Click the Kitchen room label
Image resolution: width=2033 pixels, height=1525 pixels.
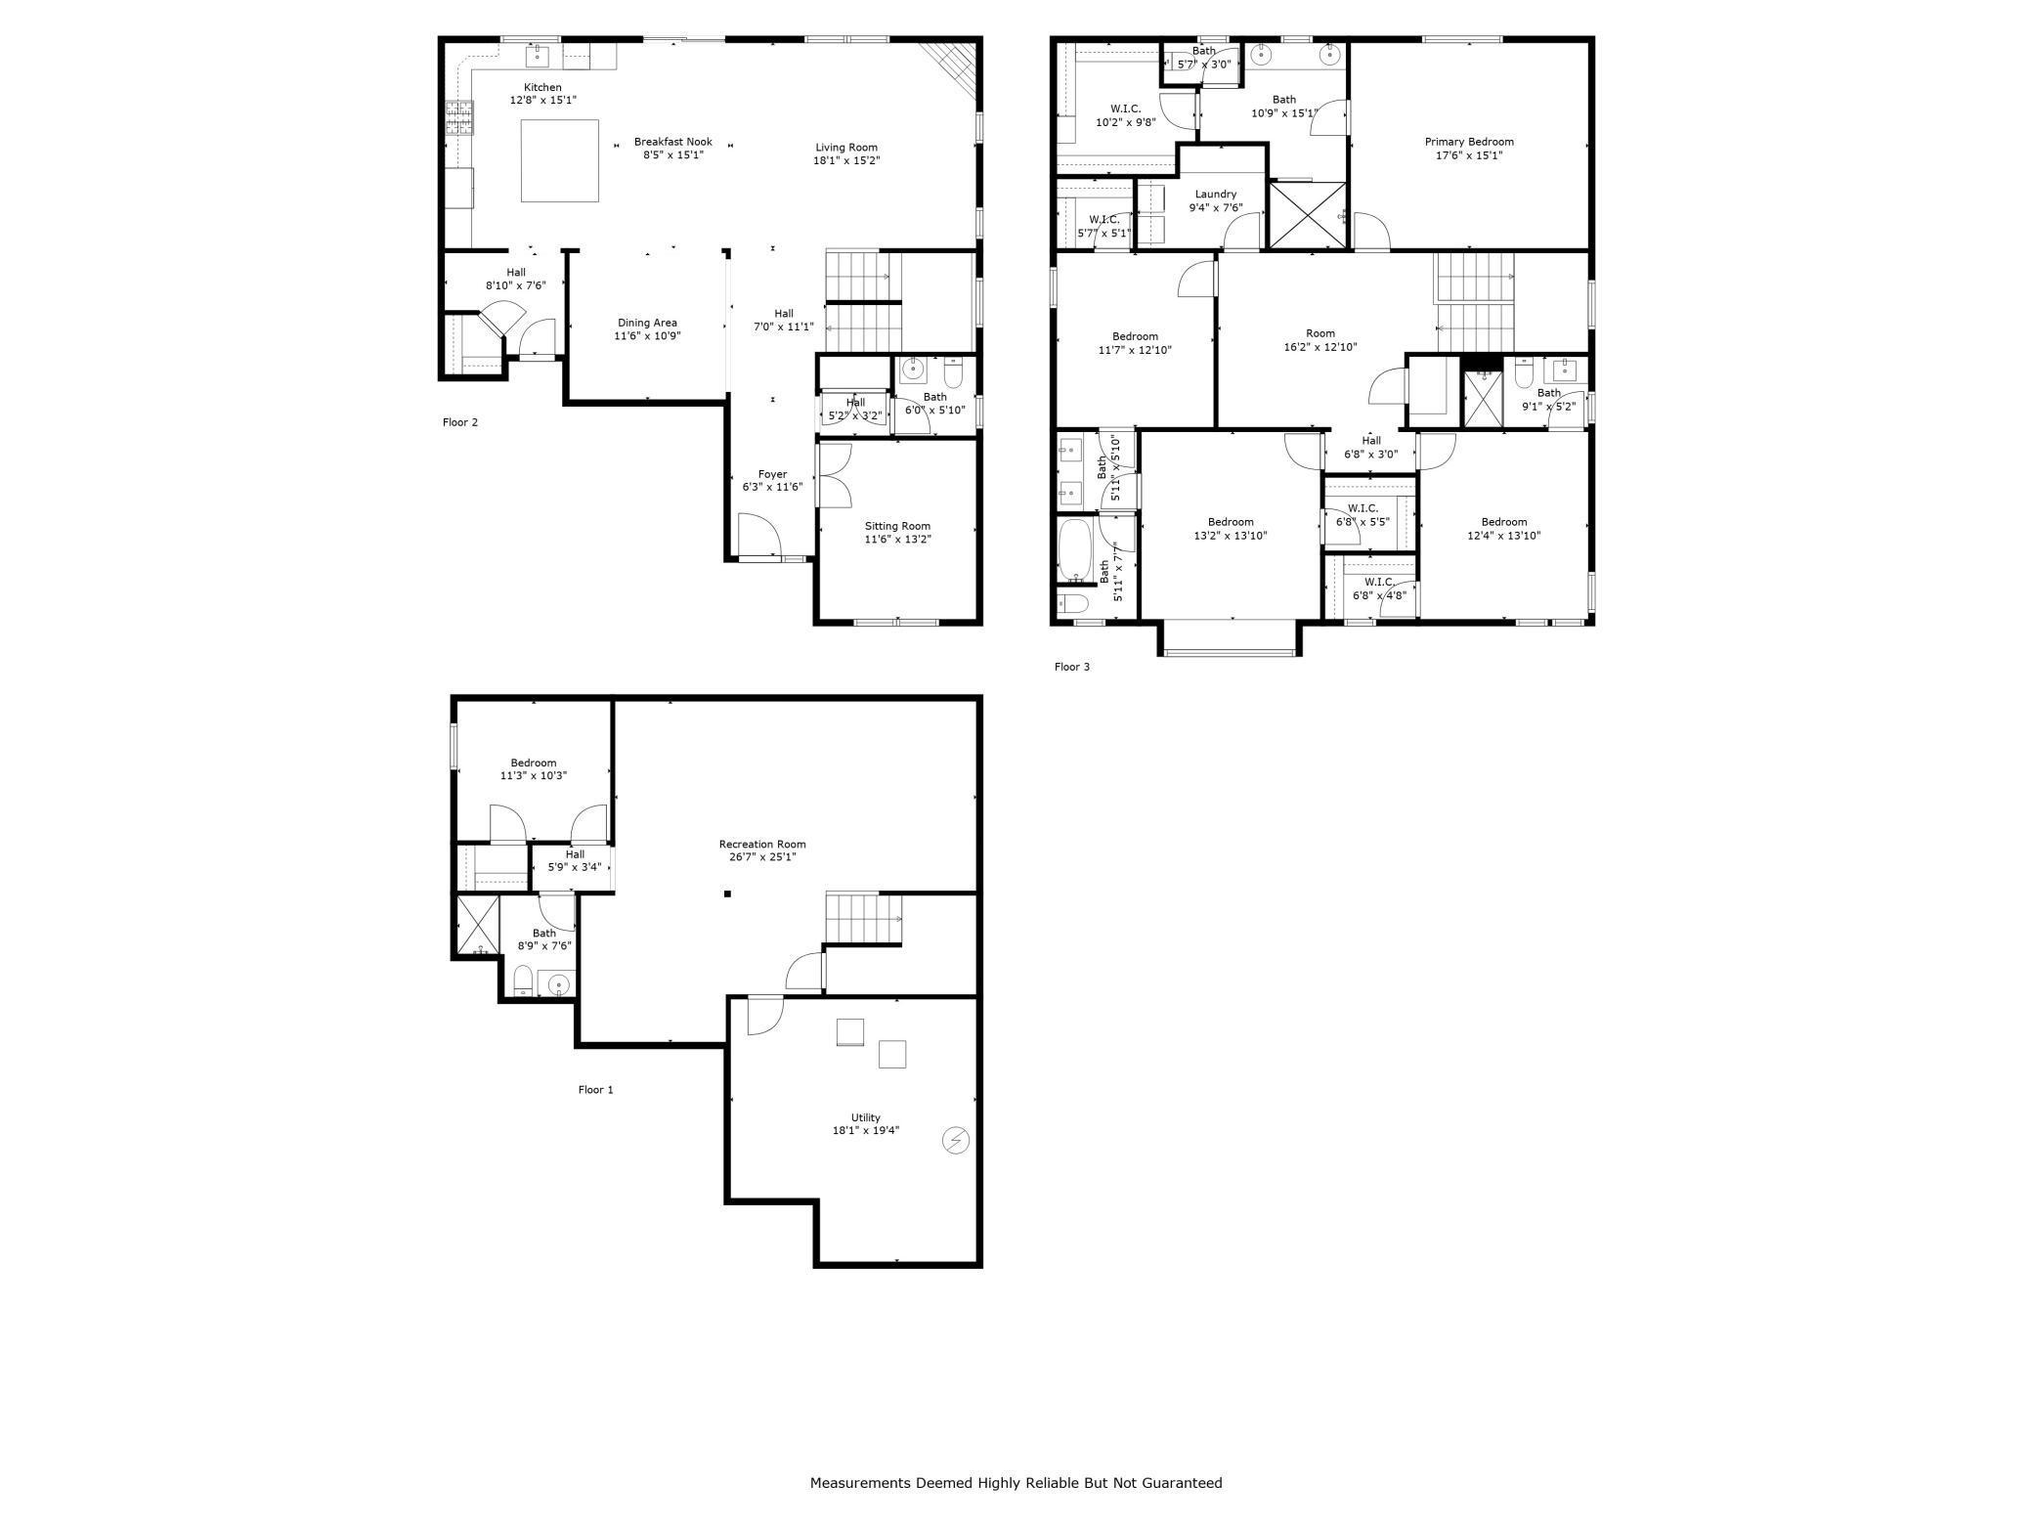coord(542,88)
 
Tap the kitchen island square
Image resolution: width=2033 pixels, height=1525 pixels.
coord(559,160)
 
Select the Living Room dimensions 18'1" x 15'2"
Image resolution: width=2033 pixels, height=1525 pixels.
coord(846,160)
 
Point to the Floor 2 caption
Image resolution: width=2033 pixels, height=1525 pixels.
coord(460,422)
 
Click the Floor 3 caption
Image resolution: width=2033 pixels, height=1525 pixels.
coord(1071,667)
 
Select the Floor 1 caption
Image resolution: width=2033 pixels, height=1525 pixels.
coord(595,1089)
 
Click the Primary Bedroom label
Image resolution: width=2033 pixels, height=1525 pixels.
coord(1468,142)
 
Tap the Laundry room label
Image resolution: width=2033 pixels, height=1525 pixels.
coord(1215,195)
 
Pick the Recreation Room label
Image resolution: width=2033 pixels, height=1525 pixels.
coord(761,845)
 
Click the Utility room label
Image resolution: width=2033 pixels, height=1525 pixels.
coord(865,1117)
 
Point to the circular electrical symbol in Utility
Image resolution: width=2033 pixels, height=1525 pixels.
coord(955,1140)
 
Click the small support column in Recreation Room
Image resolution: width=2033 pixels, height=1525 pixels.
coord(727,893)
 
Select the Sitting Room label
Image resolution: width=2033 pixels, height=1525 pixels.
coord(897,526)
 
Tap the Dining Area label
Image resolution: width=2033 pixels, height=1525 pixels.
coord(647,323)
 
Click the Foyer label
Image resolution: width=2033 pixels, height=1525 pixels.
coord(772,474)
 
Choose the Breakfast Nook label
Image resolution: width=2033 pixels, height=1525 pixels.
coord(672,142)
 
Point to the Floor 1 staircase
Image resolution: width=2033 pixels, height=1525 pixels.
coord(862,918)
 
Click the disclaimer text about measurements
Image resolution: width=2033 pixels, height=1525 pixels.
coord(1016,1483)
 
